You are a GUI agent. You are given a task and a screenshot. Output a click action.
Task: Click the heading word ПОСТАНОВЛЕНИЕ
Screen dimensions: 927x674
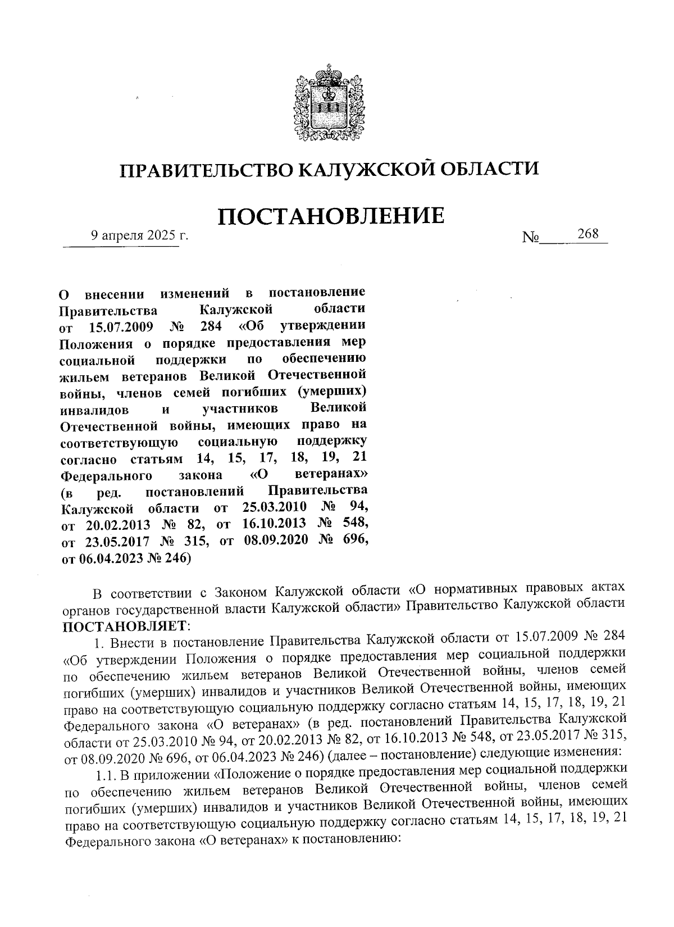point(330,216)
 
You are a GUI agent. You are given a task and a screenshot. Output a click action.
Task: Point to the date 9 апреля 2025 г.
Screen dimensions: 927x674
point(140,236)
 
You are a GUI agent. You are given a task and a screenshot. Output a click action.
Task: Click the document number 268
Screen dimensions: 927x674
point(588,234)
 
